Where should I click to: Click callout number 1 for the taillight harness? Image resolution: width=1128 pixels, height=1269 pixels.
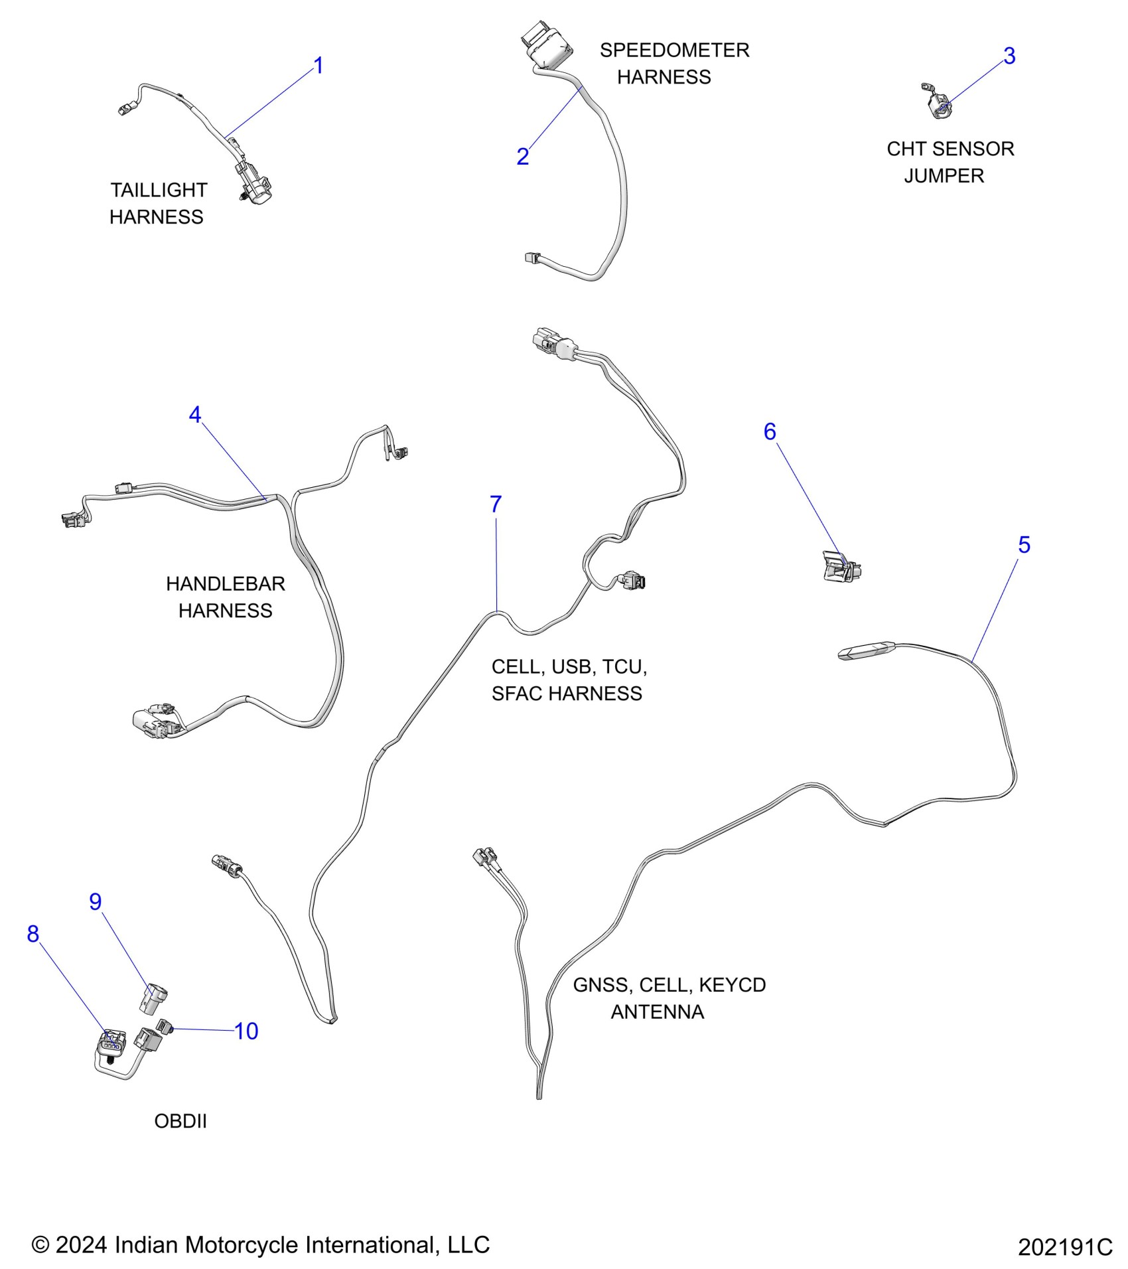318,66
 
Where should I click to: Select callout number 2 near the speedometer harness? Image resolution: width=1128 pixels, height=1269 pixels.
523,157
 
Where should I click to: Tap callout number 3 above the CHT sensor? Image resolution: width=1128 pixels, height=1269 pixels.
1009,56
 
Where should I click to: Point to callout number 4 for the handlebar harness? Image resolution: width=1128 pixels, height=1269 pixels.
194,415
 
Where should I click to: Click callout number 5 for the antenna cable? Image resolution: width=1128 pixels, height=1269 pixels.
1024,545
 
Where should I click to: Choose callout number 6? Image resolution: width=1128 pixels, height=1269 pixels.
770,432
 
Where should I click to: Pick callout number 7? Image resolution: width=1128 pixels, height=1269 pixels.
496,504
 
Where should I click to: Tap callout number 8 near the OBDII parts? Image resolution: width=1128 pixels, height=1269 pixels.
33,934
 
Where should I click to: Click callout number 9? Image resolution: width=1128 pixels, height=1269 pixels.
96,901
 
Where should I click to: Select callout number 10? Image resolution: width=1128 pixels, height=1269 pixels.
246,1031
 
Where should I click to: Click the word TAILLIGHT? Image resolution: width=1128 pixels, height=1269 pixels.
159,190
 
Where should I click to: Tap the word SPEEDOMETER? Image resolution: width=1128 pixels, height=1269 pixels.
674,50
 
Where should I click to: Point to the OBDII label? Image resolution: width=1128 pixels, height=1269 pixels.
180,1121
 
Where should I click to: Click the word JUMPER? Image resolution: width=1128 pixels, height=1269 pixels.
944,176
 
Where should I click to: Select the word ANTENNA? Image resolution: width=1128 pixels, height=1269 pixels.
657,1011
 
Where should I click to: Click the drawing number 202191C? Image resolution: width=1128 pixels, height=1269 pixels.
1065,1248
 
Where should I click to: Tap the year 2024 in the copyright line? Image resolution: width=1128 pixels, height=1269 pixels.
81,1245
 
